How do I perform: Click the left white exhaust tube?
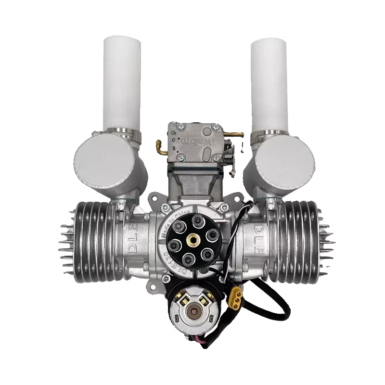point(121,82)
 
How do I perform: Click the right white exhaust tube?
point(268,82)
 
